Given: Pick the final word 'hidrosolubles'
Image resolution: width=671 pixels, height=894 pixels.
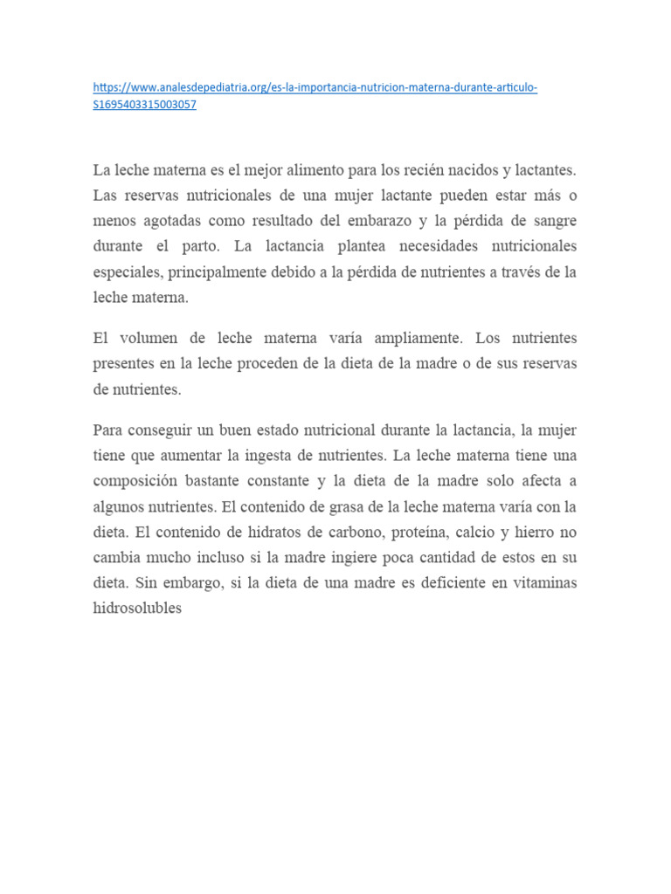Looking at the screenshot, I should (137, 609).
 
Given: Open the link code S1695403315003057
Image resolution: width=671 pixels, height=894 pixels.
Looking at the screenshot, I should (144, 105).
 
